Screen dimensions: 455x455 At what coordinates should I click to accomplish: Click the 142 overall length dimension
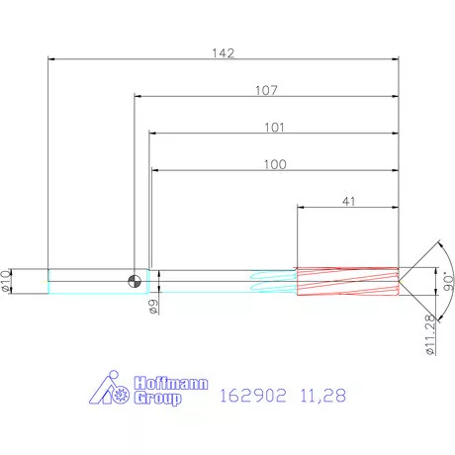point(224,53)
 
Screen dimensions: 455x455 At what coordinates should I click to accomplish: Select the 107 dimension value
point(266,90)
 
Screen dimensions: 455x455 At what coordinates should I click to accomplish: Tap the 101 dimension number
point(274,128)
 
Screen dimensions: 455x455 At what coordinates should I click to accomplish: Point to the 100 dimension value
point(275,164)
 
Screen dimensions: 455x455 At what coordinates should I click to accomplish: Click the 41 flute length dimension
point(349,201)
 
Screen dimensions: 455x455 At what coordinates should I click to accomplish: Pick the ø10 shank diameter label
point(6,281)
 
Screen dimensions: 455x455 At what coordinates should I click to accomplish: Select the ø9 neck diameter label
point(153,307)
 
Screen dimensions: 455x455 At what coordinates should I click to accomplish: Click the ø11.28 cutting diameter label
point(430,334)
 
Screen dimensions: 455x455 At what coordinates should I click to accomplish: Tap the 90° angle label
point(448,281)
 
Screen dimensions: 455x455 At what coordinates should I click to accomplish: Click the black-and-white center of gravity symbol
point(135,281)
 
